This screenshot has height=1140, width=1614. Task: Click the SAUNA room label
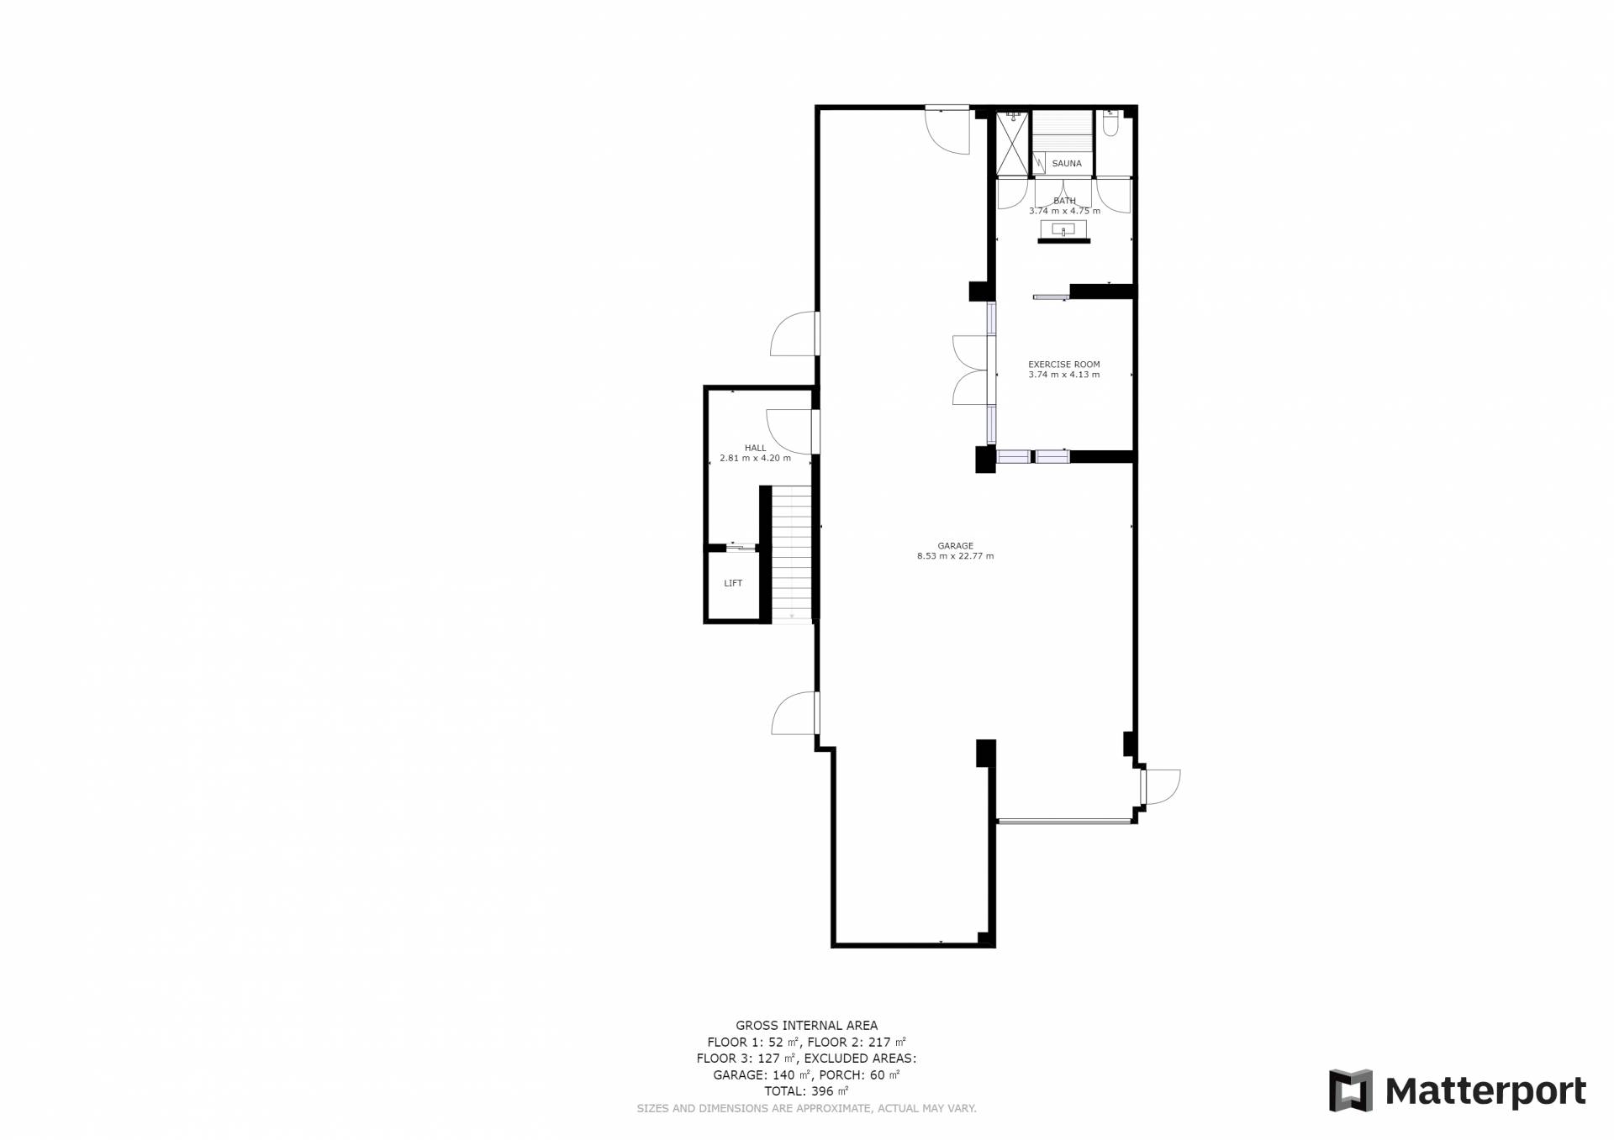1067,164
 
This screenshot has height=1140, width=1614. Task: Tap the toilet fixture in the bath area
1110,124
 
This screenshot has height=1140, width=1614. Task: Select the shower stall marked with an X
1012,144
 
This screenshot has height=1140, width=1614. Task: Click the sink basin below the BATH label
1063,229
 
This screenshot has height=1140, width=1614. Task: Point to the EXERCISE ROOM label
1063,365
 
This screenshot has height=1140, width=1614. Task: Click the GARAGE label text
955,546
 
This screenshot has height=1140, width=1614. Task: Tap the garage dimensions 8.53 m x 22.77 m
955,556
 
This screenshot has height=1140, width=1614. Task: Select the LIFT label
733,583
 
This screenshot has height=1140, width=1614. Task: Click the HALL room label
755,448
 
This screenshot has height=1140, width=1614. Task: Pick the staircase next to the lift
792,554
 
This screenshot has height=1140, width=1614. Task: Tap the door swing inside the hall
789,431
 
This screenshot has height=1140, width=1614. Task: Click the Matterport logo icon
1350,1090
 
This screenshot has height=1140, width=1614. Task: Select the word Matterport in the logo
1485,1091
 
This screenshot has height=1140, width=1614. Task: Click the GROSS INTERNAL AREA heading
806,1025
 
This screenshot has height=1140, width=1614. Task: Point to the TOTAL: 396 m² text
806,1091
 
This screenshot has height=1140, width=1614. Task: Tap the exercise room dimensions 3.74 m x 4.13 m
1063,375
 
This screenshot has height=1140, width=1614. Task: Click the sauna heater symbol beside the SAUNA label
1039,163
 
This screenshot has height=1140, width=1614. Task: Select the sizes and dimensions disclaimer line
806,1109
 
